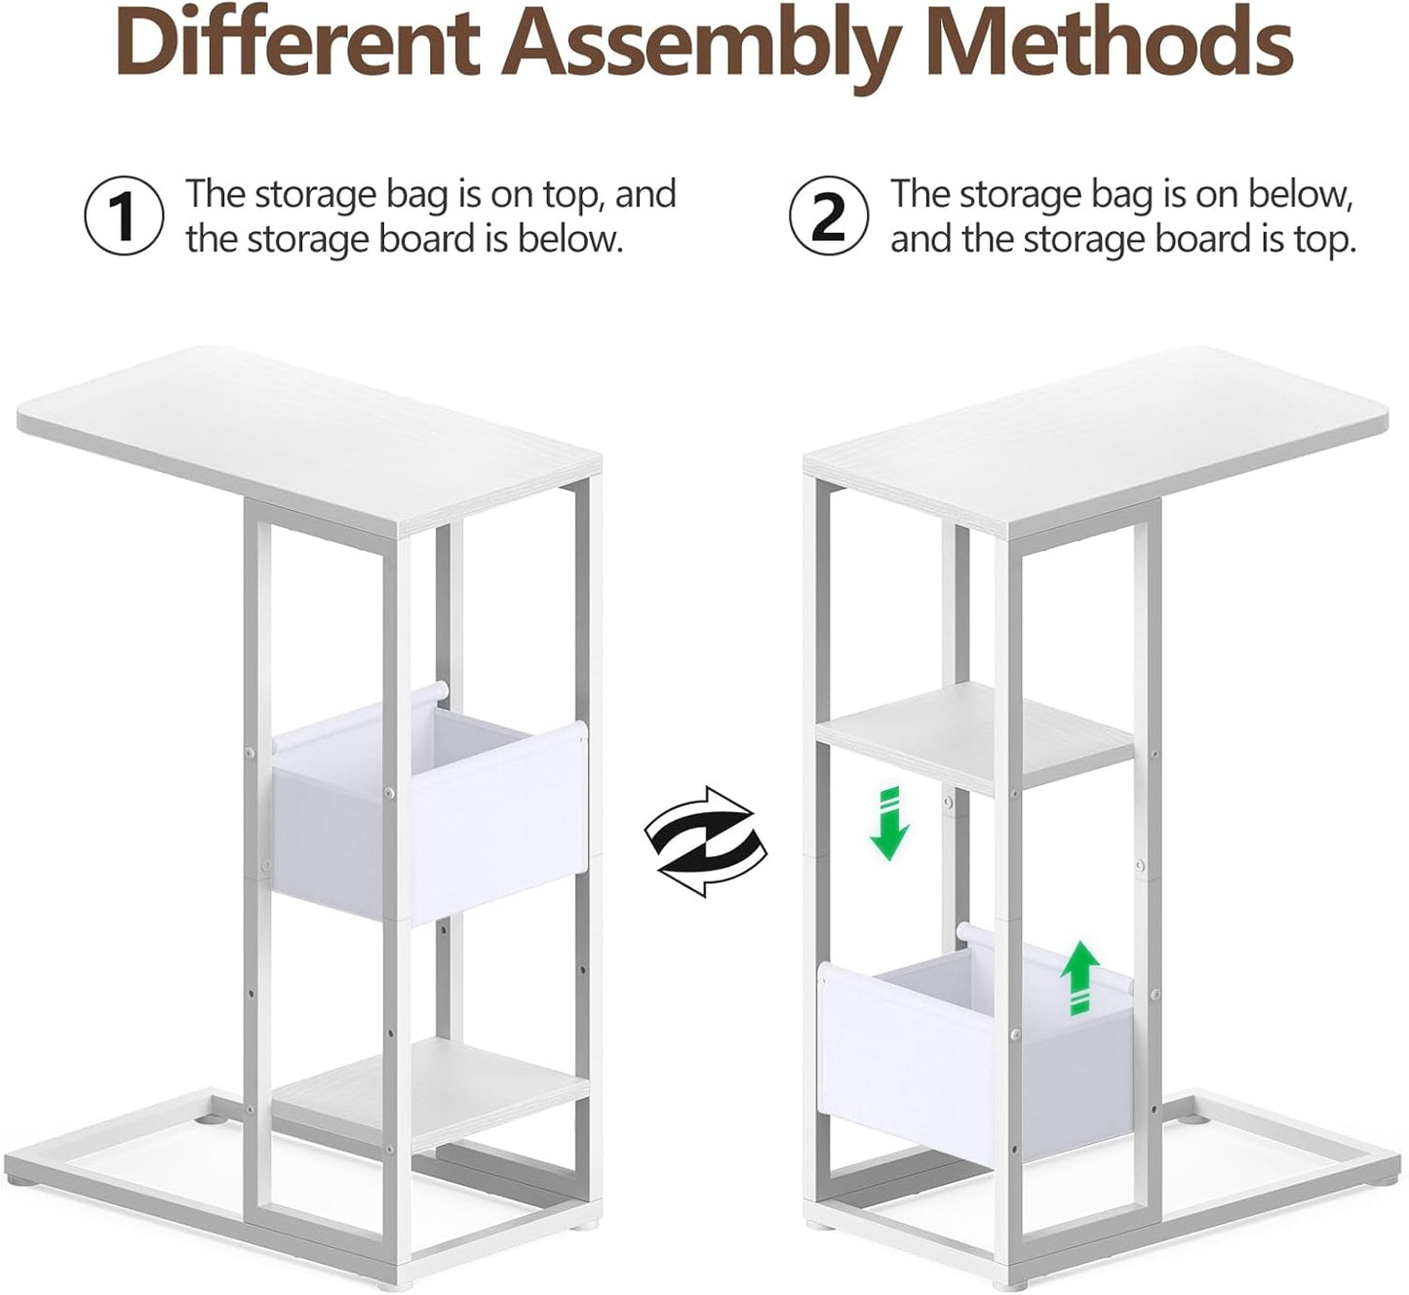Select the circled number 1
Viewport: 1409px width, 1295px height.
pos(125,215)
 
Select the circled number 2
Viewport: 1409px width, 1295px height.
pos(829,215)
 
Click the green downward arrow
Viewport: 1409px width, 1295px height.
pos(889,824)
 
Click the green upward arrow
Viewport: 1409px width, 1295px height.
pos(1079,977)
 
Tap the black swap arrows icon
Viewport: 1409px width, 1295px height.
pos(705,842)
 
